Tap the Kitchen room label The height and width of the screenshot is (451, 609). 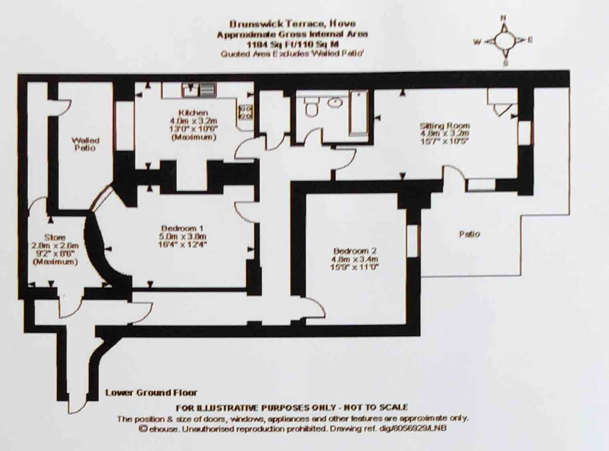pos(193,113)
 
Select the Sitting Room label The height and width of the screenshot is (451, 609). pos(444,125)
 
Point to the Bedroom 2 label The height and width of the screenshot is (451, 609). pos(355,251)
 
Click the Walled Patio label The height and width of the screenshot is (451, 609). pos(85,144)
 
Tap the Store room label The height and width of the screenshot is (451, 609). pos(54,237)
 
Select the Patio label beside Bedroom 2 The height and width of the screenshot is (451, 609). pos(469,233)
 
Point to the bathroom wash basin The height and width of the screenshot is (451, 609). pos(334,102)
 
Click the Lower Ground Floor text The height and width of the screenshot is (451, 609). pos(151,393)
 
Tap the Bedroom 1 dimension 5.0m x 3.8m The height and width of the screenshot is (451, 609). pos(183,236)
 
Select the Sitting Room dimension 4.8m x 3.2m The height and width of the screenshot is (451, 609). pos(444,133)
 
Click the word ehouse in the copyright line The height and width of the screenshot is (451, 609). pos(161,428)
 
